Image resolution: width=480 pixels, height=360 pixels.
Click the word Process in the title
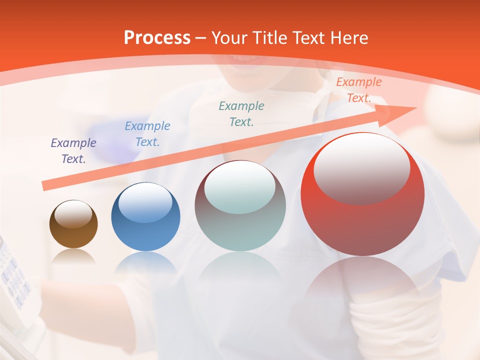tap(157, 38)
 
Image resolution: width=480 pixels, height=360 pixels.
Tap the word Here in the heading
tap(348, 38)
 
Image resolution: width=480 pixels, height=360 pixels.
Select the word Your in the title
tap(231, 38)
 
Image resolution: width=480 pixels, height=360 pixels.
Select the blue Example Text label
tap(147, 134)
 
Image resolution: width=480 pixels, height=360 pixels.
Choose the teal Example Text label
tap(241, 113)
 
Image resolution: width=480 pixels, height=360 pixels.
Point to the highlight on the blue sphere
tap(145, 201)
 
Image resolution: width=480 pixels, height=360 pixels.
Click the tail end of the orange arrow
tap(46, 186)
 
